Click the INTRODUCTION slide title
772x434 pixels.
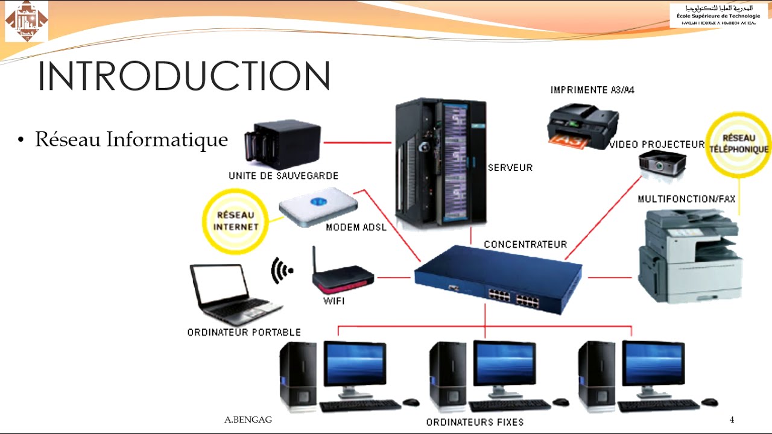[x=184, y=76]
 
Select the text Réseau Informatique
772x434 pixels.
[x=131, y=139]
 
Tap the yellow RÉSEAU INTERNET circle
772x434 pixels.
[x=235, y=221]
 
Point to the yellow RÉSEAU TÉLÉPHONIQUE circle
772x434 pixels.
[x=738, y=144]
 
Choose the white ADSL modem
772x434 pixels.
[x=318, y=205]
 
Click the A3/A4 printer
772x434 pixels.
[x=582, y=125]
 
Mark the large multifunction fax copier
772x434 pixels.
[x=690, y=256]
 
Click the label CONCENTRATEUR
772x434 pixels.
[x=525, y=245]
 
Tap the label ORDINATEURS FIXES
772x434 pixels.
[x=475, y=422]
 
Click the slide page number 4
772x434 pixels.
[x=732, y=420]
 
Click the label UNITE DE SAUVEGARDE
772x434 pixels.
[x=283, y=176]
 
